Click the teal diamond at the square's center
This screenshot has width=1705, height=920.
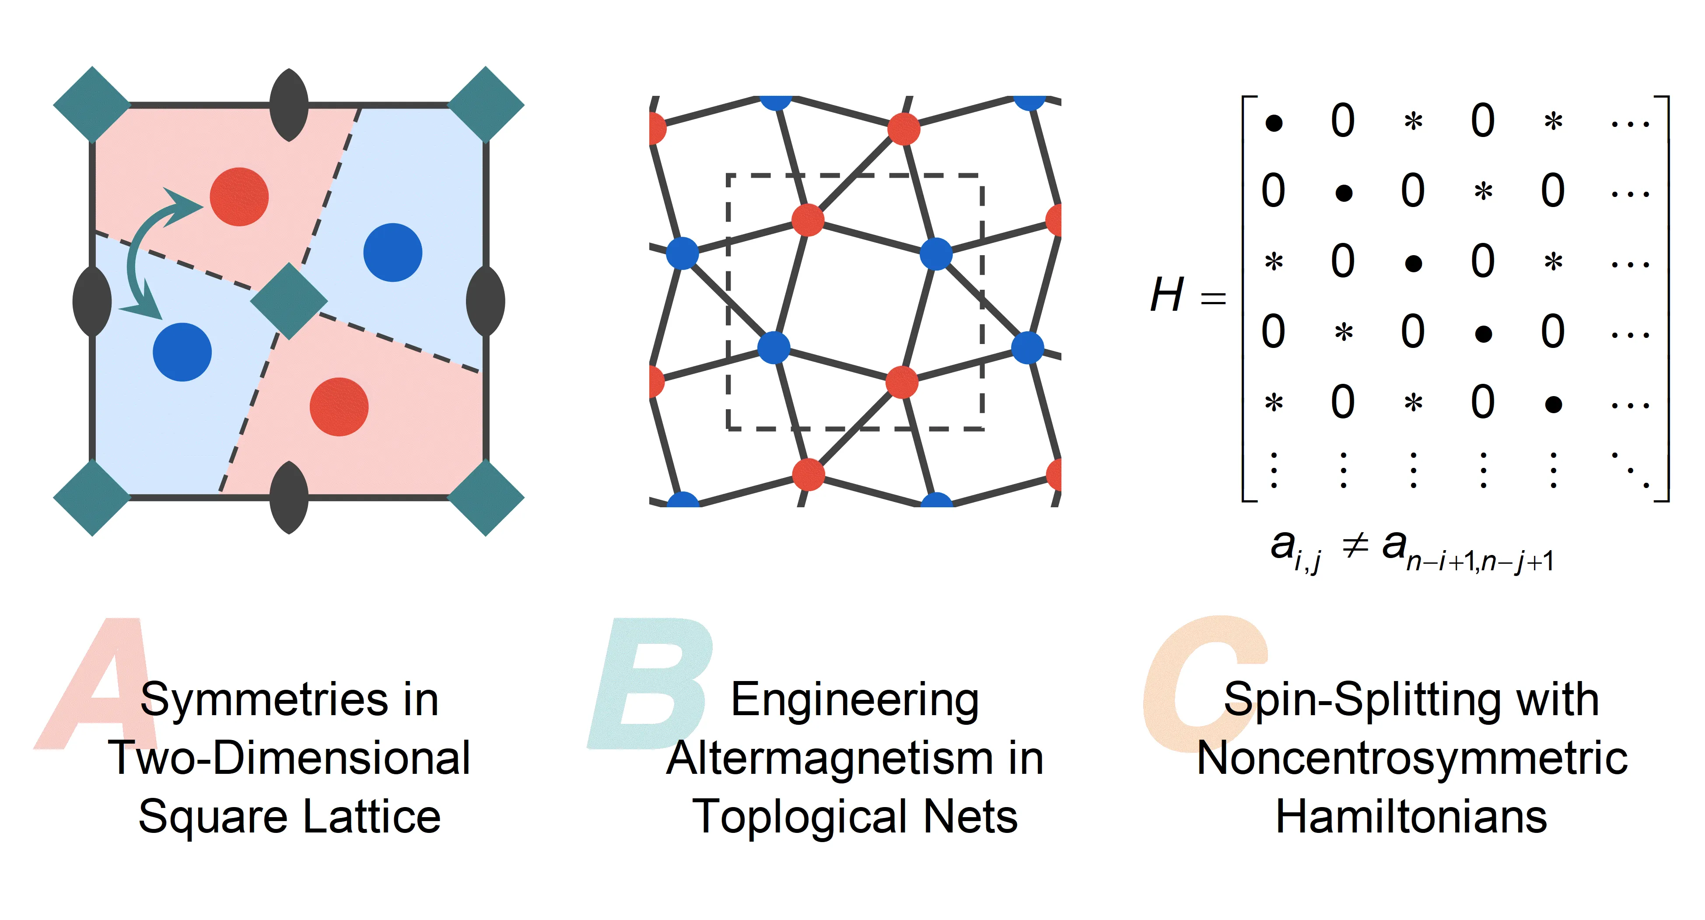[x=289, y=302]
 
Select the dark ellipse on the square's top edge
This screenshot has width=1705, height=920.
[x=289, y=105]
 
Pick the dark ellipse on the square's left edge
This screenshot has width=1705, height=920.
[x=92, y=302]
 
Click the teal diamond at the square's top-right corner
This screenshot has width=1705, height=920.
[x=486, y=105]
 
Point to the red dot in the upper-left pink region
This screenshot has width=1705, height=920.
[x=239, y=197]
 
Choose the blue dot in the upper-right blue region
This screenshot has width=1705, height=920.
[x=392, y=253]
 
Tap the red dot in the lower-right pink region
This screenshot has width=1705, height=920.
[x=339, y=407]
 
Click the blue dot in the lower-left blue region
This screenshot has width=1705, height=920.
[x=182, y=352]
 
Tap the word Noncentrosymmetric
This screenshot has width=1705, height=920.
[x=1412, y=758]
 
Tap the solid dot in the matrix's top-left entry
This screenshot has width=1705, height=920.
[x=1274, y=123]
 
